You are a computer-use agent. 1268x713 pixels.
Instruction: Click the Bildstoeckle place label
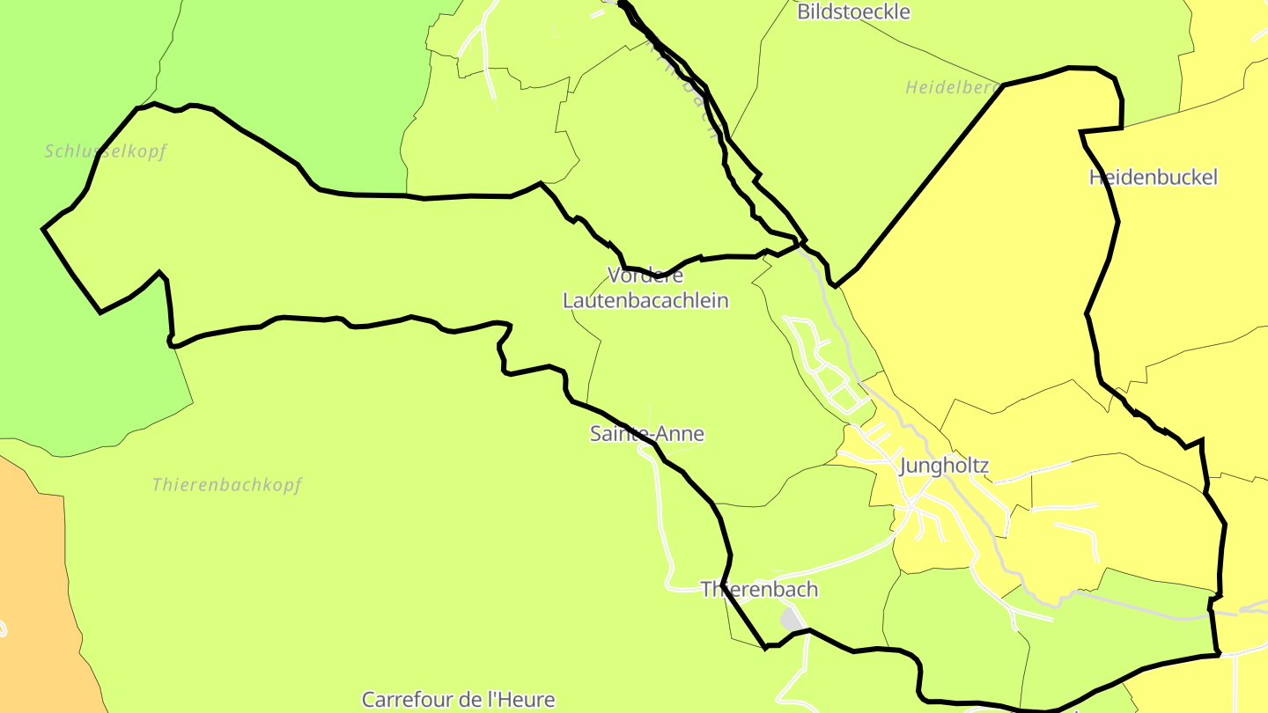pyautogui.click(x=853, y=12)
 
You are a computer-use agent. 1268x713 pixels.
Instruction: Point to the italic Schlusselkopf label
pyautogui.click(x=106, y=151)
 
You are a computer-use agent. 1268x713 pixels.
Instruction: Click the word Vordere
pyautogui.click(x=645, y=276)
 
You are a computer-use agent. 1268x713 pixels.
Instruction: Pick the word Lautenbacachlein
pyautogui.click(x=645, y=300)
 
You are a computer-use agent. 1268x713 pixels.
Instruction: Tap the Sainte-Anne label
pyautogui.click(x=646, y=434)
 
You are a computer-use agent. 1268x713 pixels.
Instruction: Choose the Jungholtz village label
pyautogui.click(x=944, y=467)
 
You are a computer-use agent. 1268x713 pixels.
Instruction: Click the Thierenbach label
pyautogui.click(x=759, y=590)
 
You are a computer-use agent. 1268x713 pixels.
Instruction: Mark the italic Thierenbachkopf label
pyautogui.click(x=226, y=485)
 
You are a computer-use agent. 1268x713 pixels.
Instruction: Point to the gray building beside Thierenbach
pyautogui.click(x=792, y=619)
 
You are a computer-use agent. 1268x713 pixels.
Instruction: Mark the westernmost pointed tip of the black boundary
pyautogui.click(x=44, y=229)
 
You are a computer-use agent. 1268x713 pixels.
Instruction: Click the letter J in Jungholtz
pyautogui.click(x=904, y=467)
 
